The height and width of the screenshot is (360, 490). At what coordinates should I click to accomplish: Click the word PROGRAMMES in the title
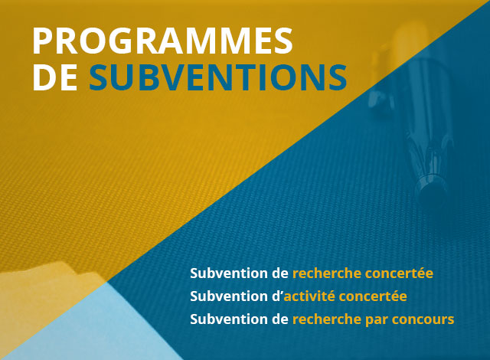coord(162,41)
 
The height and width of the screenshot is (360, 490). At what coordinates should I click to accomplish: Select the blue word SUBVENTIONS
coord(217,78)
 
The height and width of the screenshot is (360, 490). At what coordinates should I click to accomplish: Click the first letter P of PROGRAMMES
coord(44,41)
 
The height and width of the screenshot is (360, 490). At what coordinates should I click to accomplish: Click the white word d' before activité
coord(276,296)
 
